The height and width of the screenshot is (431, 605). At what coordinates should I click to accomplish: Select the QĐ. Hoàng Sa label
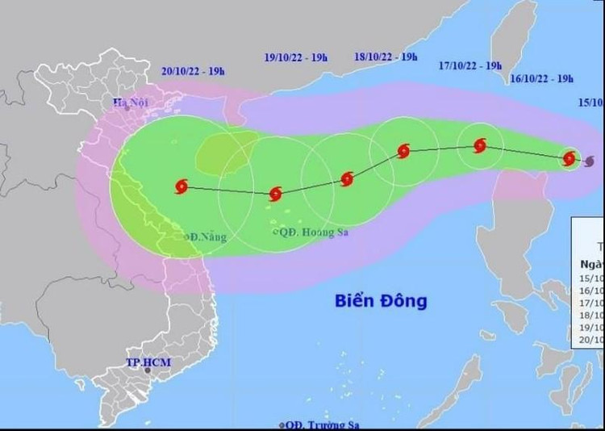point(311,232)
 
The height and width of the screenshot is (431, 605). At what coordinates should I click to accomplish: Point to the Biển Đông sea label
point(381,301)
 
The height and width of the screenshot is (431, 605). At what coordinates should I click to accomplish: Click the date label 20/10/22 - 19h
point(192,71)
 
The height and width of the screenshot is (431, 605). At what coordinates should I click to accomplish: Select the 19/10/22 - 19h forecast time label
point(296,56)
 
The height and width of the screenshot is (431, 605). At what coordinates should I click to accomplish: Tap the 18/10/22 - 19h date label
point(386,56)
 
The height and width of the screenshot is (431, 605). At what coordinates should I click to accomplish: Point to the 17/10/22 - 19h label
point(472,65)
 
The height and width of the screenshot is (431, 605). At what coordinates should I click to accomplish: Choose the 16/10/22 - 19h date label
point(542,78)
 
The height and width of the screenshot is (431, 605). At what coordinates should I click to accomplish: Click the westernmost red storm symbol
point(181,186)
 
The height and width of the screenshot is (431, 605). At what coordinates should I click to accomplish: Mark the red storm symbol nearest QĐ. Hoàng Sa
point(275,194)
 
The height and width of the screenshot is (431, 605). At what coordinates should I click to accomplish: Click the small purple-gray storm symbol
point(590,161)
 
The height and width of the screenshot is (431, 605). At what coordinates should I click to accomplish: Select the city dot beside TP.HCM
point(148,375)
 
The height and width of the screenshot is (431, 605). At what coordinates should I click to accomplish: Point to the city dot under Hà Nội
point(126,109)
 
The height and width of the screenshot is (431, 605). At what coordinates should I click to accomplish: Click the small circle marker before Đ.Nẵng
point(187,237)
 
